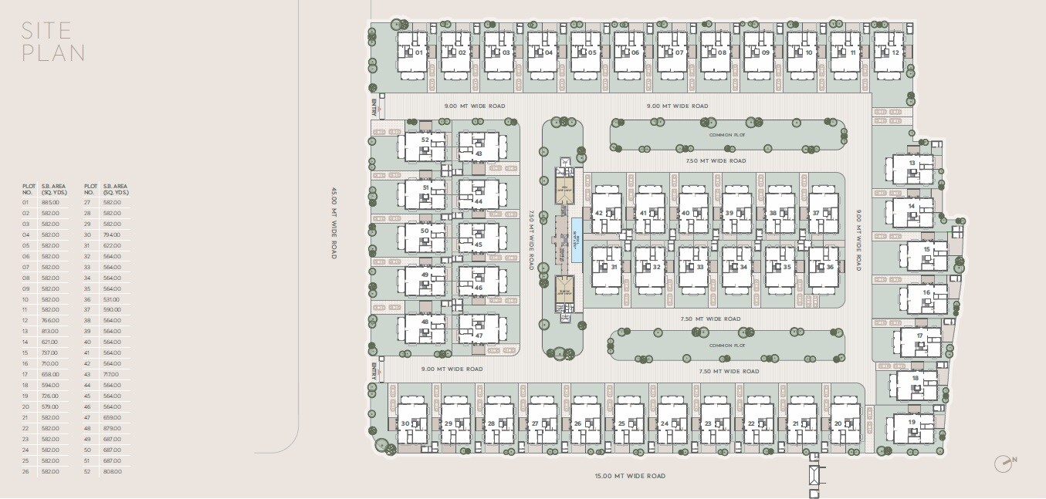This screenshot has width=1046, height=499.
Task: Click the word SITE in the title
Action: coord(47,31)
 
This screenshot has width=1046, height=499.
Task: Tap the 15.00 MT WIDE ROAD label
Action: coord(630,476)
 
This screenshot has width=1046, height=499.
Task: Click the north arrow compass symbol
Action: coord(1004,462)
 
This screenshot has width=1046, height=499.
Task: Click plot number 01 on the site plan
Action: coord(419,52)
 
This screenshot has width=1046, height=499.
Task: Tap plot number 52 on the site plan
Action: coord(425,140)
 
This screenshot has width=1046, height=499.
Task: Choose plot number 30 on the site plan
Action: coord(405,423)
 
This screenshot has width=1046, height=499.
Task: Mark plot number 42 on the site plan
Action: coord(598,213)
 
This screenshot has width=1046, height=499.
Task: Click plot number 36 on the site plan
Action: coord(830,267)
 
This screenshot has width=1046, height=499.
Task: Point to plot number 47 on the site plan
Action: coord(479,335)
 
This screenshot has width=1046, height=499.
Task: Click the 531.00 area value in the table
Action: coord(112,298)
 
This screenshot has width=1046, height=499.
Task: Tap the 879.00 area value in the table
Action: coord(112,428)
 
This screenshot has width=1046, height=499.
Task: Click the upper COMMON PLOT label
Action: coord(727,134)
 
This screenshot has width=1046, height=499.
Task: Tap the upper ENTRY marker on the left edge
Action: coord(374,107)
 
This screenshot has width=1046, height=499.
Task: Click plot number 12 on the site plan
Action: coord(895,52)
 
